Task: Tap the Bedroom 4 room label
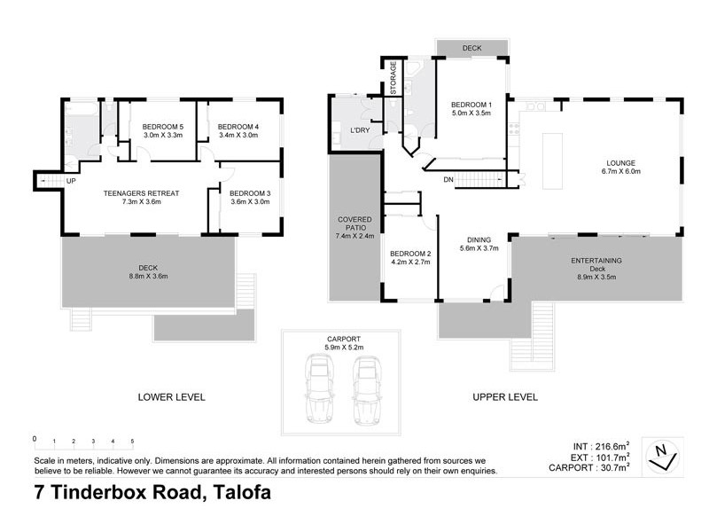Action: click(x=238, y=126)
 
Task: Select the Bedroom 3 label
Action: click(x=249, y=192)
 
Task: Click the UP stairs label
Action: click(x=71, y=182)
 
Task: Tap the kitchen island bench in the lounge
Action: click(x=552, y=160)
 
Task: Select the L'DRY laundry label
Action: click(x=360, y=130)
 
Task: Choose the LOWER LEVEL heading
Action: click(x=171, y=397)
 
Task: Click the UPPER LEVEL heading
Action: click(x=504, y=397)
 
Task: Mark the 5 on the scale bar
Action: click(x=132, y=441)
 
